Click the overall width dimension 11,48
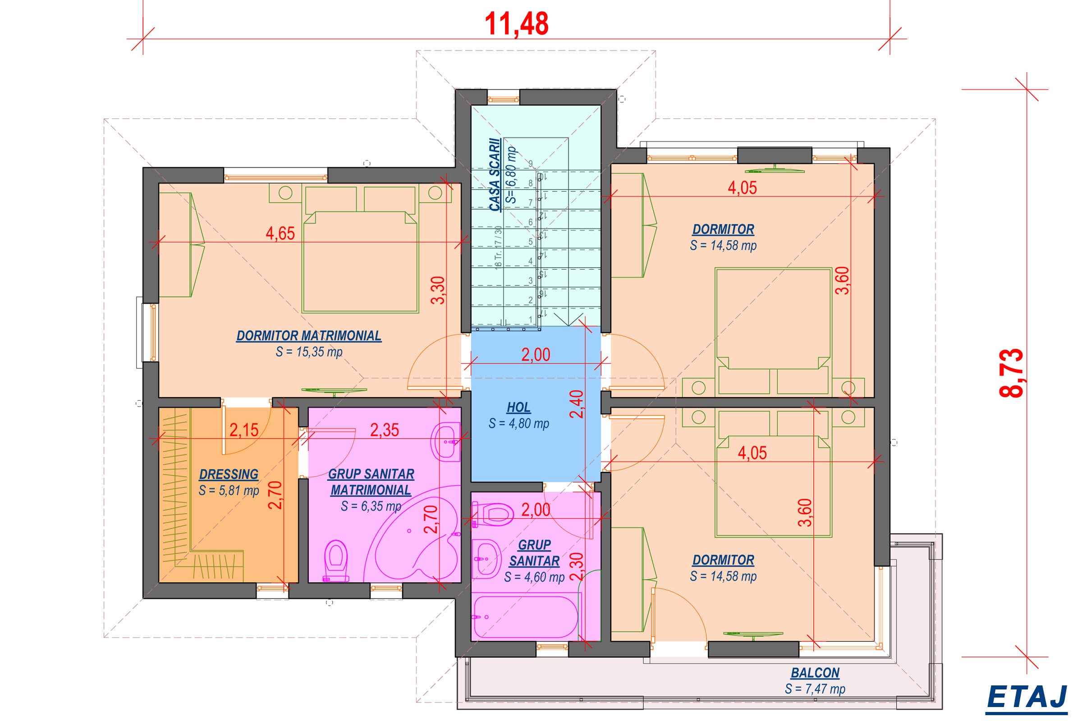517,23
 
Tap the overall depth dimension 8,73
1012,373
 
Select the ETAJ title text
1027,697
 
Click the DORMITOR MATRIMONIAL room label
309,336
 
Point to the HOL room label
518,407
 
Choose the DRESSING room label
229,474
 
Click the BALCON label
815,673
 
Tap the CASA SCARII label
495,175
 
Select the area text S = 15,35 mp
309,352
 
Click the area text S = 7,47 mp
815,689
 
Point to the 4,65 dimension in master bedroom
280,233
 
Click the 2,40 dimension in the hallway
577,404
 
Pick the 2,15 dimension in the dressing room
244,430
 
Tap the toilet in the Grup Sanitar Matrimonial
336,561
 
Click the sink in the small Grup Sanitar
487,559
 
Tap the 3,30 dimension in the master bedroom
439,290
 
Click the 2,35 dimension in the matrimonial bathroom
385,430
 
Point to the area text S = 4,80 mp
519,424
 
